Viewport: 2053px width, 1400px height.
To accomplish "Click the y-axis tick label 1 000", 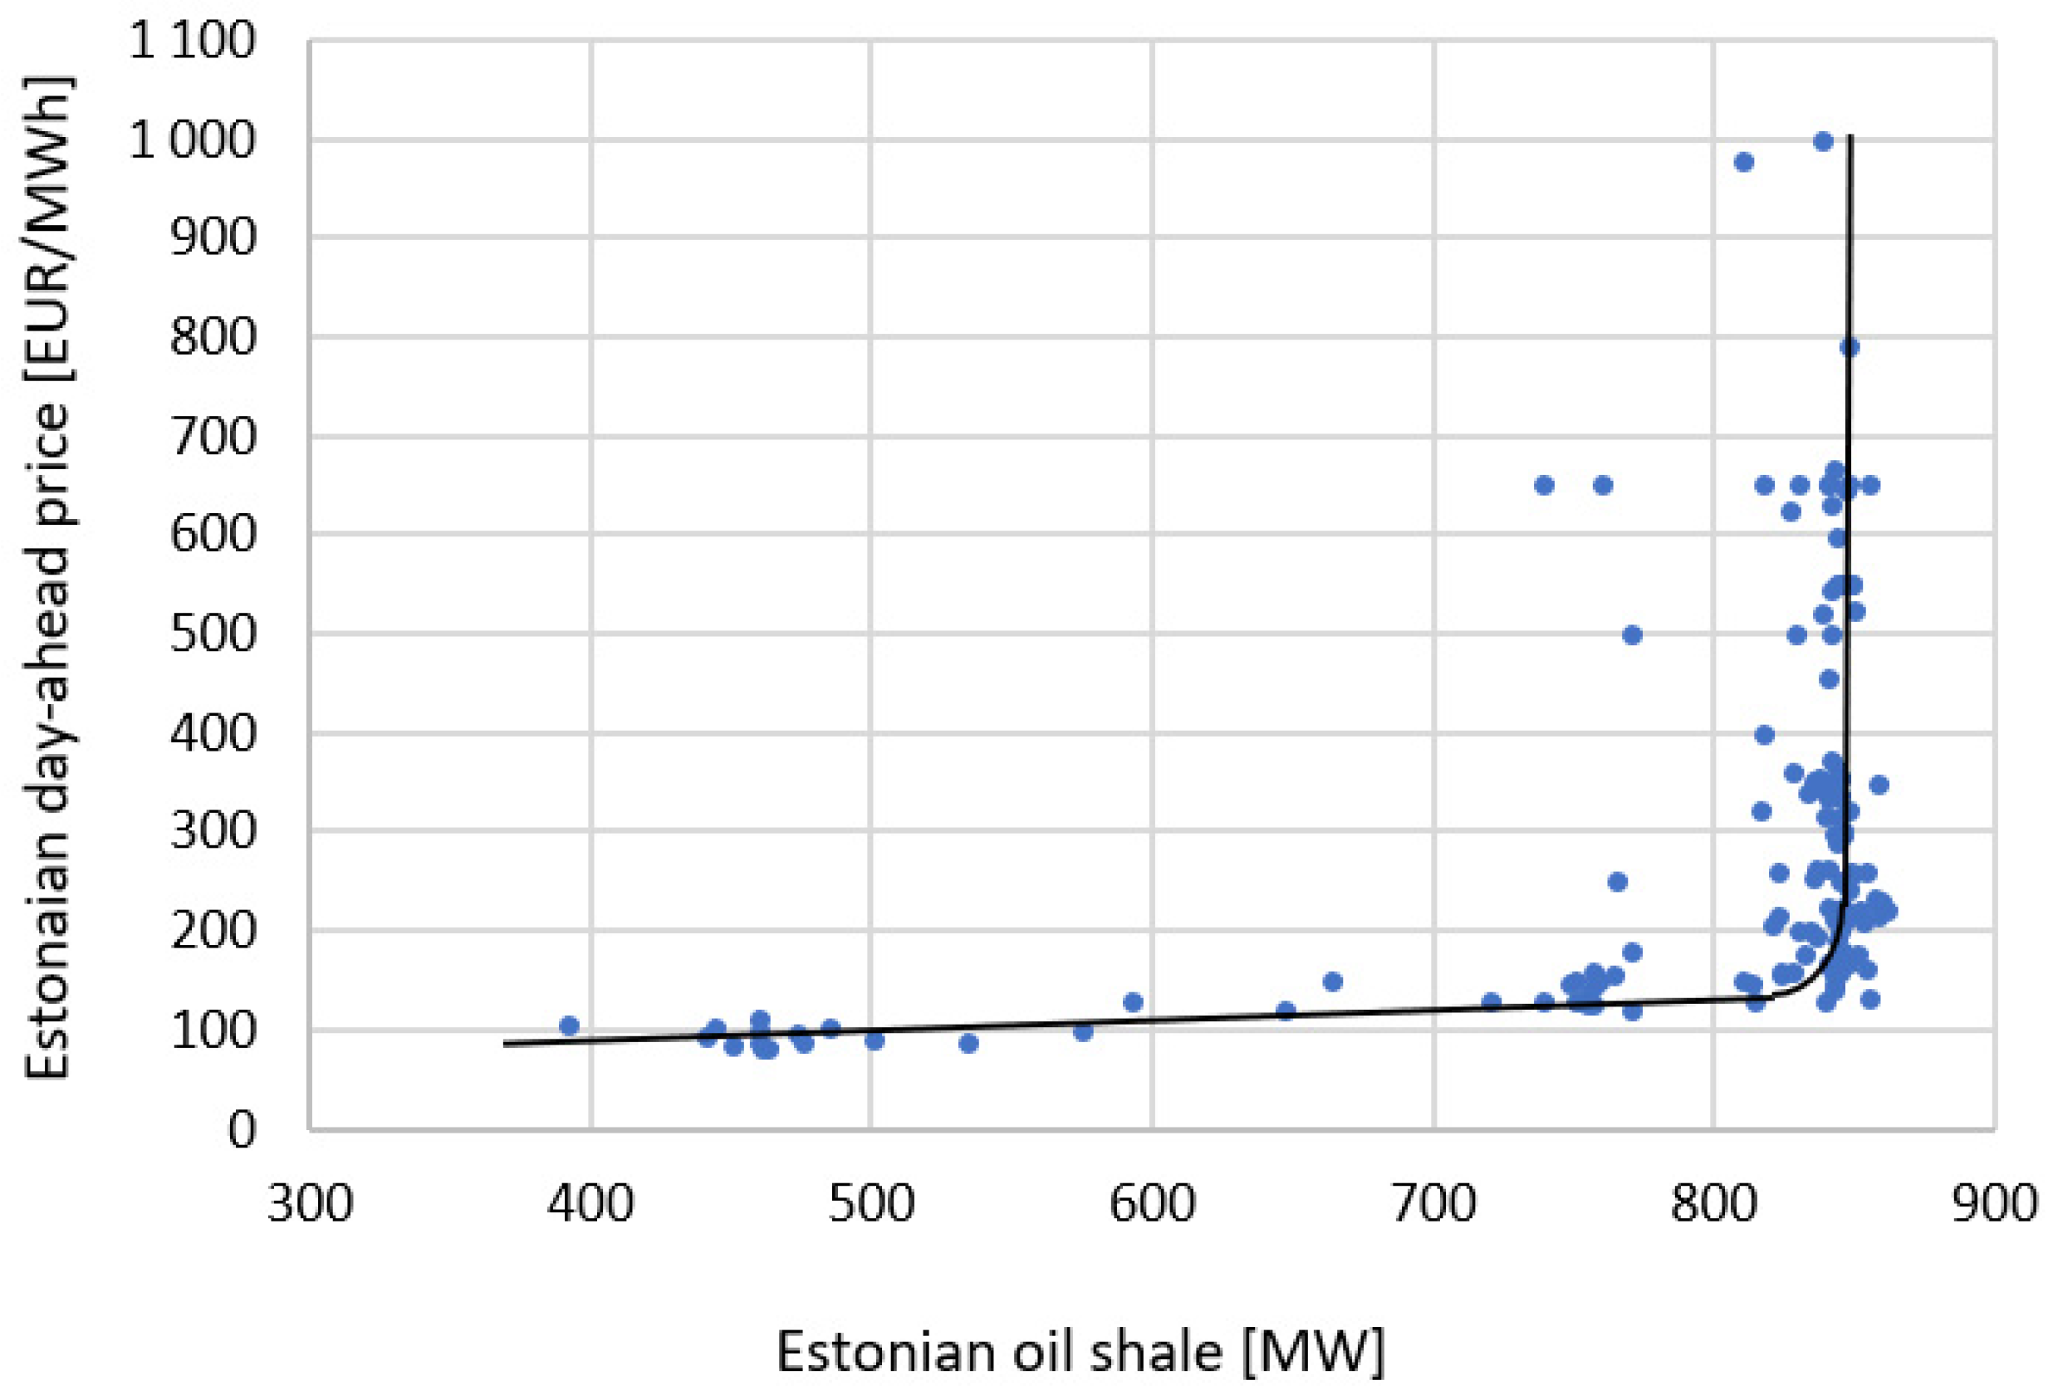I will click(x=192, y=140).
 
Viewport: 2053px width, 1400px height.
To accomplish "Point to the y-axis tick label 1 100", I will click(x=192, y=41).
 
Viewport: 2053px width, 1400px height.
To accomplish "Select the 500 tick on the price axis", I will click(x=212, y=634).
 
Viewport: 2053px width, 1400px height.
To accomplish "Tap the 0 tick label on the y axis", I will click(x=241, y=1128).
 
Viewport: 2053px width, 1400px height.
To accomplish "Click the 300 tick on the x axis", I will click(x=310, y=1203).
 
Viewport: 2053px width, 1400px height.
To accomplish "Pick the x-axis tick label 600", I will click(x=1152, y=1203).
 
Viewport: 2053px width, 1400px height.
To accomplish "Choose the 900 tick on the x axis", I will click(x=1994, y=1203).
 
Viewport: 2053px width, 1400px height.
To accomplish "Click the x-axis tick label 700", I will click(x=1433, y=1203).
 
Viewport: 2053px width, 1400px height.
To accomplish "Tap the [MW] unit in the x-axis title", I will click(x=1314, y=1351).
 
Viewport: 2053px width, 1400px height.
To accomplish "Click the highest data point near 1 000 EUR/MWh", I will click(x=1823, y=141).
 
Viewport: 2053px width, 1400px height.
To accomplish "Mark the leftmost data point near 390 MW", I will click(x=569, y=1026).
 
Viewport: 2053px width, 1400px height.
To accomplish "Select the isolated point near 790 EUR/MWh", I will click(x=1849, y=347).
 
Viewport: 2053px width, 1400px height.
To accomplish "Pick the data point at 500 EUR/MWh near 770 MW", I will click(x=1632, y=635).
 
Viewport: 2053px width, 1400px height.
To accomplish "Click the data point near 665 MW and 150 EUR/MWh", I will click(x=1332, y=981).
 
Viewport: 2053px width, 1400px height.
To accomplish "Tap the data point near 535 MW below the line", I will click(x=968, y=1043).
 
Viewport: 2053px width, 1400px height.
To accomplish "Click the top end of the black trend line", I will click(x=1850, y=137).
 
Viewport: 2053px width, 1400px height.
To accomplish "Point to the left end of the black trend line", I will click(x=505, y=1044).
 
